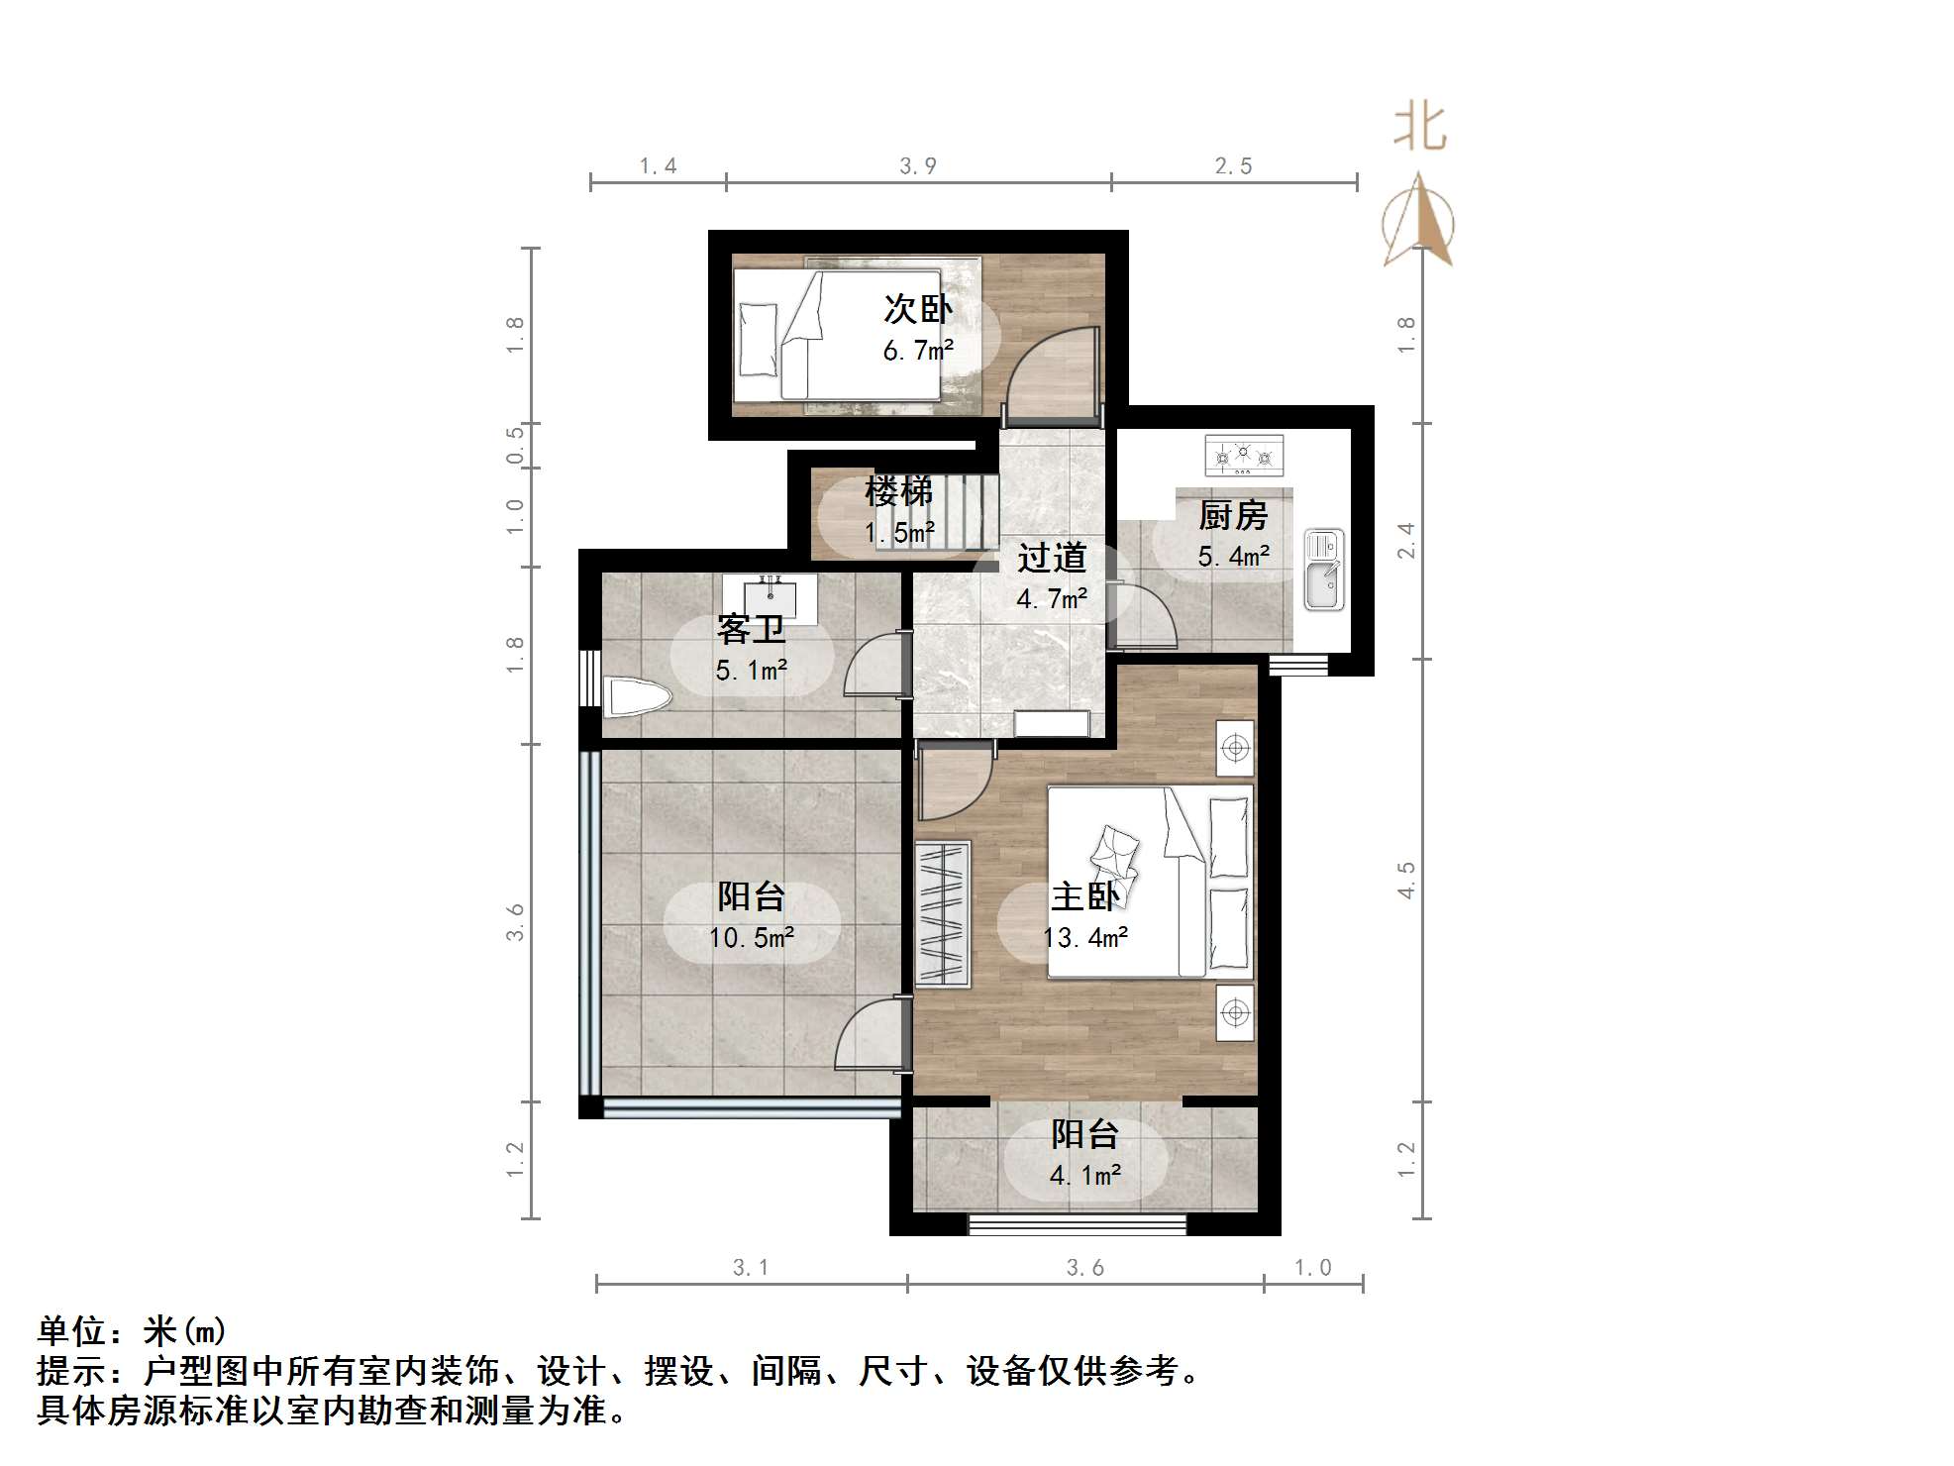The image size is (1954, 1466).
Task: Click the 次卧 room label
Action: pyautogui.click(x=917, y=309)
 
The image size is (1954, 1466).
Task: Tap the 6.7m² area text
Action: pyautogui.click(x=917, y=351)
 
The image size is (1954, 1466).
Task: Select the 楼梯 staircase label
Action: pyautogui.click(x=898, y=491)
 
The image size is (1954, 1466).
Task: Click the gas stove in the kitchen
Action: pyautogui.click(x=1244, y=456)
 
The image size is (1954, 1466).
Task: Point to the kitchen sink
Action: pyautogui.click(x=1323, y=570)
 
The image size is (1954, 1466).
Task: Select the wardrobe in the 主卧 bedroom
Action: pyautogui.click(x=942, y=913)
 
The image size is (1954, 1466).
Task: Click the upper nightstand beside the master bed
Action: pyautogui.click(x=1235, y=748)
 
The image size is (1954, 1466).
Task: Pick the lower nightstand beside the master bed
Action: pyautogui.click(x=1235, y=1012)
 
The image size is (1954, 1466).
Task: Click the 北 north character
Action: pyautogui.click(x=1419, y=130)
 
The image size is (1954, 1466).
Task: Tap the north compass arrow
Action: pyautogui.click(x=1419, y=222)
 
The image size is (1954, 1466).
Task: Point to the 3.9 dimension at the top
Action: pyautogui.click(x=917, y=166)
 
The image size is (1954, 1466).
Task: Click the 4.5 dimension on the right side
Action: pyautogui.click(x=1406, y=880)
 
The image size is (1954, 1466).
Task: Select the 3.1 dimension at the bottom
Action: pyautogui.click(x=750, y=1267)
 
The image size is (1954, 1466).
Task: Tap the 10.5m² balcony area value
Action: pyautogui.click(x=751, y=937)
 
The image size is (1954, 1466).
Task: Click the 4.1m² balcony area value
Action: pyautogui.click(x=1084, y=1176)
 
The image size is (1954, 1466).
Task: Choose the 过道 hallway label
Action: pyautogui.click(x=1051, y=558)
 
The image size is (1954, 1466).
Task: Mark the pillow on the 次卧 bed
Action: pyautogui.click(x=759, y=339)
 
